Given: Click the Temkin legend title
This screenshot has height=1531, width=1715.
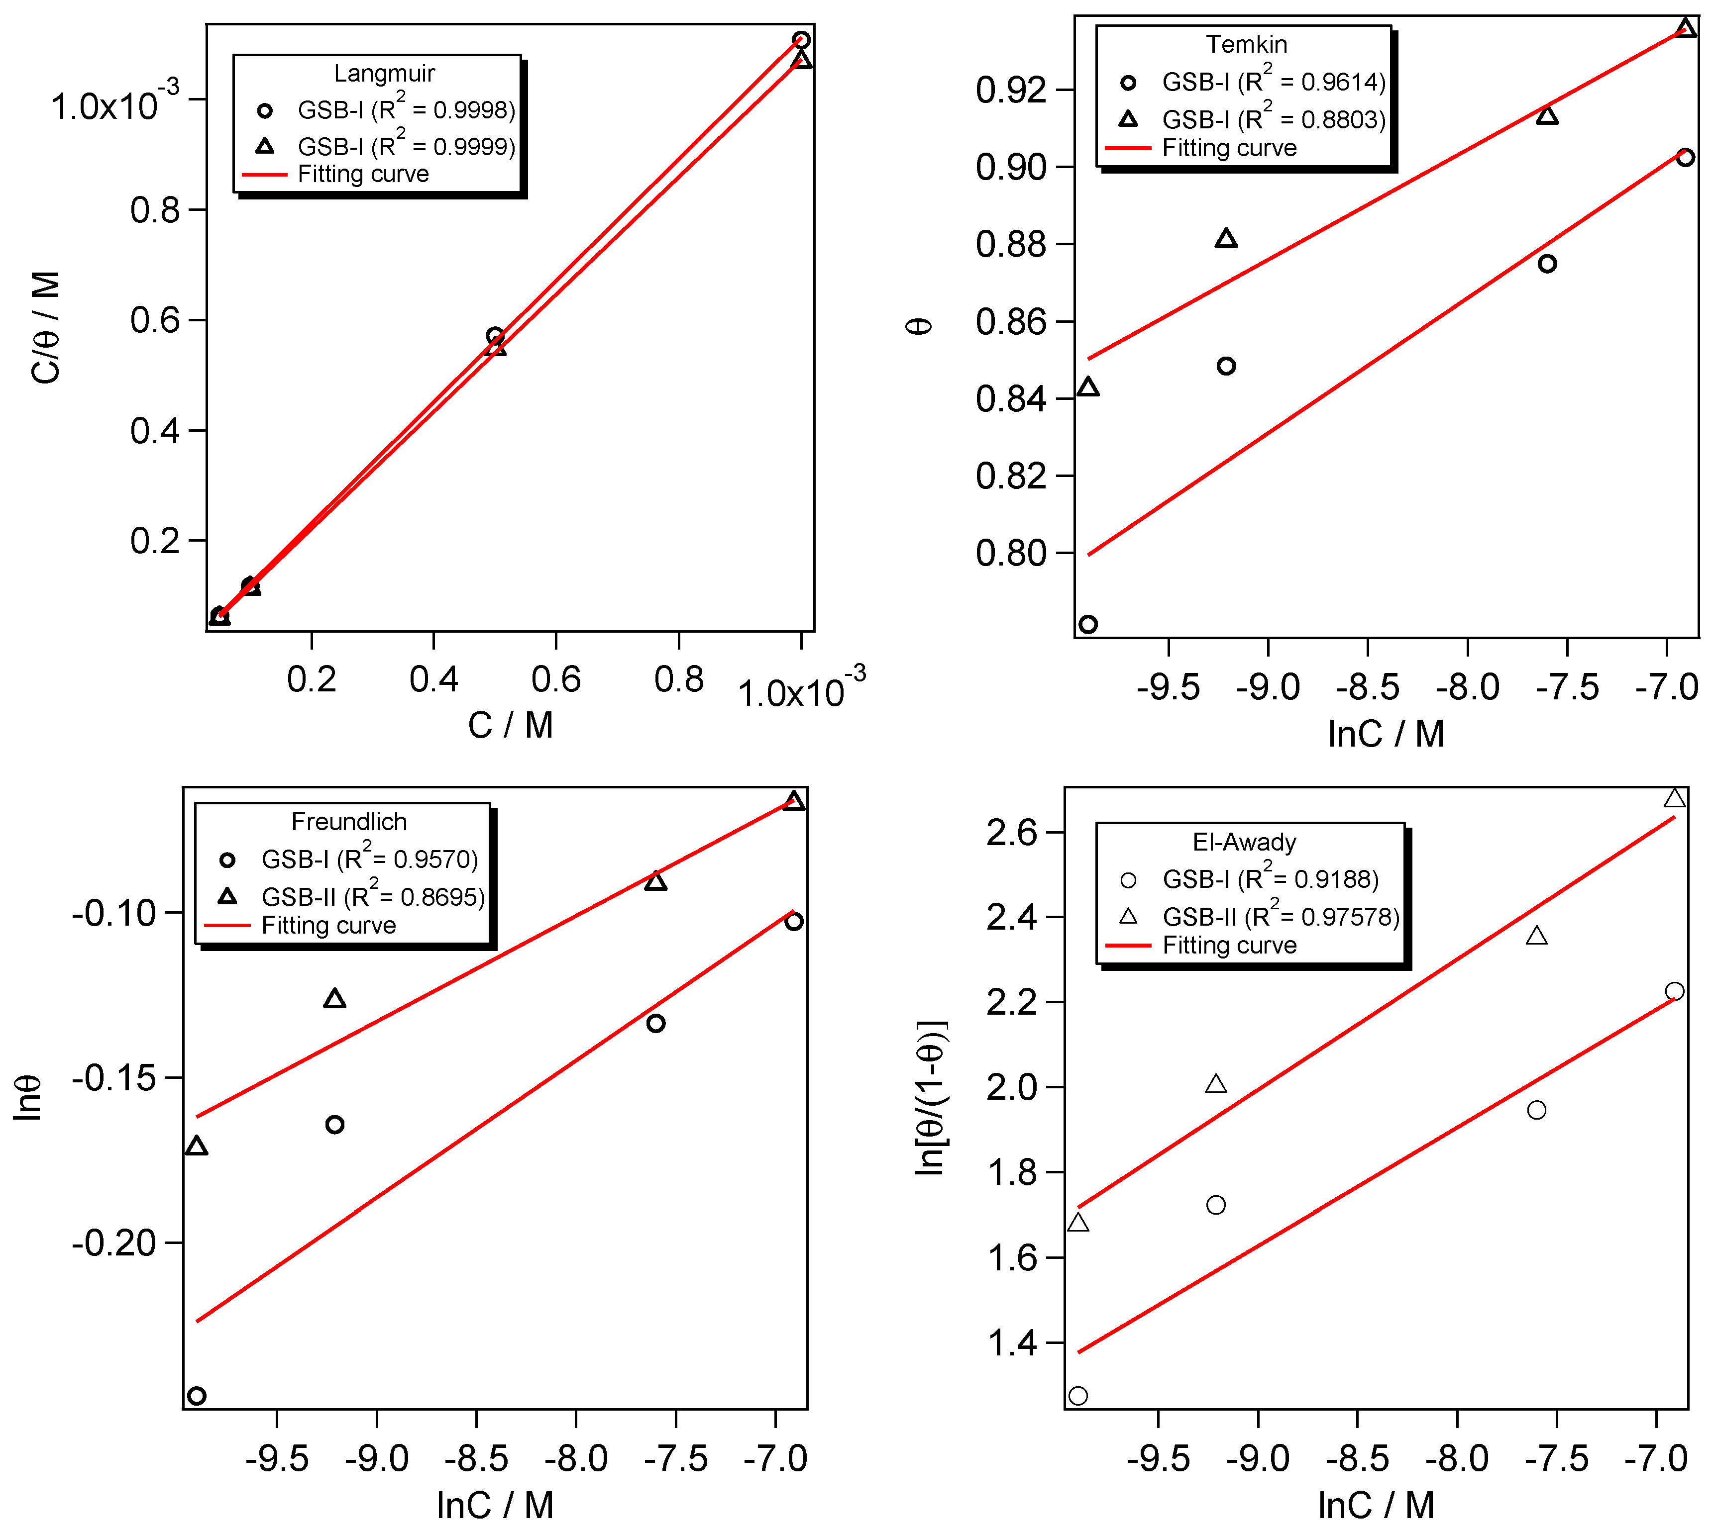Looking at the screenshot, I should pos(1246,44).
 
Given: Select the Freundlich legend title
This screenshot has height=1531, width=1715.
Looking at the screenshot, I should pos(348,821).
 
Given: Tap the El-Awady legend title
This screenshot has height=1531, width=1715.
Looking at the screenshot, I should pos(1244,842).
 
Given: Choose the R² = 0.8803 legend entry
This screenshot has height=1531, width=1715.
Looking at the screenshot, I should pos(1273,118).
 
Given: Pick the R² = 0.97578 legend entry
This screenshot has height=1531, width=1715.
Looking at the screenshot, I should pos(1280,916).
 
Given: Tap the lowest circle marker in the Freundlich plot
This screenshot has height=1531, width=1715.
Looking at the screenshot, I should pos(196,1396).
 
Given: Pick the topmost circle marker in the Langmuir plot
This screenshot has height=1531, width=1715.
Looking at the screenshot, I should pos(801,39).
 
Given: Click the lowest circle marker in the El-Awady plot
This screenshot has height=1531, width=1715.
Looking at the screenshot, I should pos(1078,1396).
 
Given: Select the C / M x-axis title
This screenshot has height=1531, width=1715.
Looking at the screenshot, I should pos(510,725).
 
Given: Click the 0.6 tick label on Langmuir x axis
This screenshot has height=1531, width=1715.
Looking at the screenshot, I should pos(555,679).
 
